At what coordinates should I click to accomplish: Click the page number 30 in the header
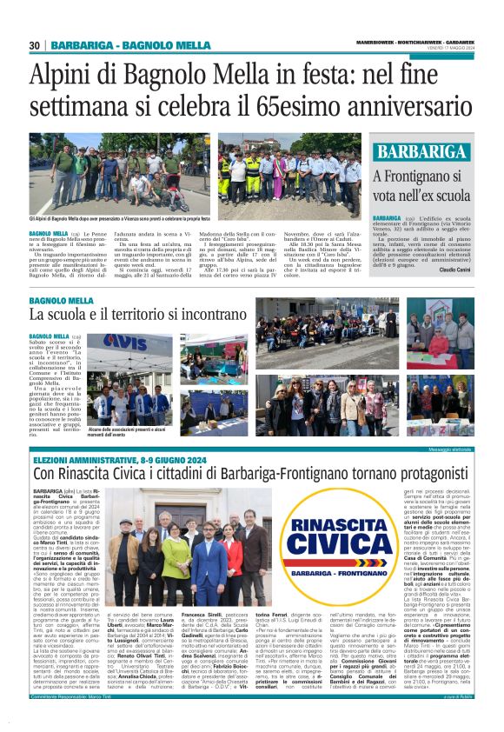coord(36,45)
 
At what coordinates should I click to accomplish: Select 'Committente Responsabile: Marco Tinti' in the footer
coord(73,722)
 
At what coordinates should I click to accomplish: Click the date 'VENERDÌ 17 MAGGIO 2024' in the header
coord(448,47)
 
